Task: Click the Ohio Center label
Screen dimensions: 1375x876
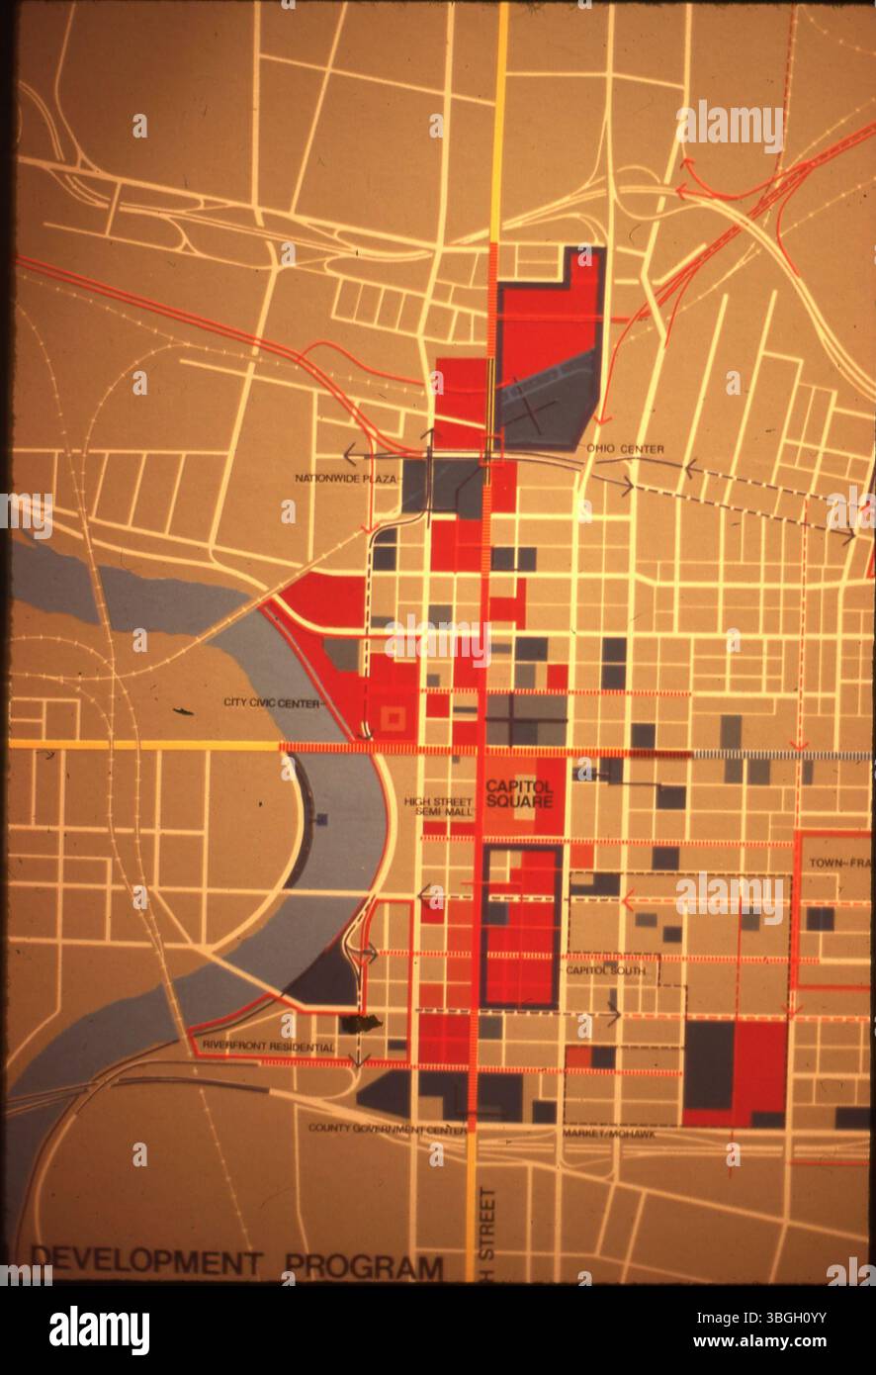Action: (x=625, y=449)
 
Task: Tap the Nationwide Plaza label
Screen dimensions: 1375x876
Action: (x=345, y=479)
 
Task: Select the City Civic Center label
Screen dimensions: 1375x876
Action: (x=273, y=703)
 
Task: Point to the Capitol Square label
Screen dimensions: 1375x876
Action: (x=519, y=793)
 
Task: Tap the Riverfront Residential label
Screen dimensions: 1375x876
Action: (x=267, y=1046)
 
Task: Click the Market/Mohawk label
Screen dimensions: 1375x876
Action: (x=608, y=1134)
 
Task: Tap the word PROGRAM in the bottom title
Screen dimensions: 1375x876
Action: (x=364, y=1266)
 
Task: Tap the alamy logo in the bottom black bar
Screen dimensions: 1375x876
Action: (x=99, y=1329)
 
